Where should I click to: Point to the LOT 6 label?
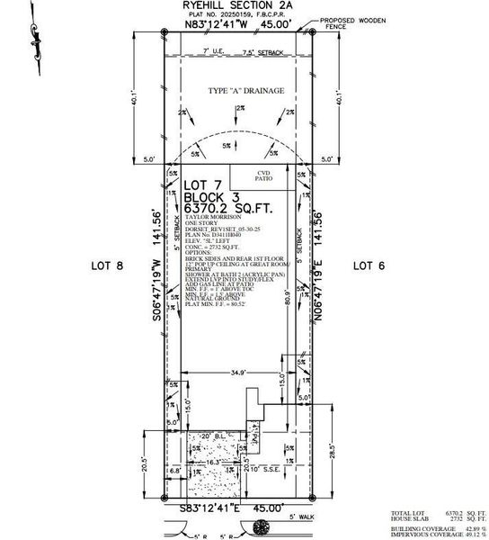click(368, 265)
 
